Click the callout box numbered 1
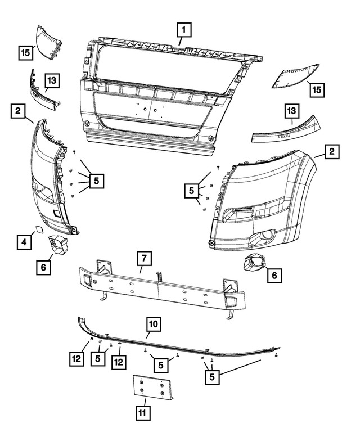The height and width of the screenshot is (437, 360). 184,28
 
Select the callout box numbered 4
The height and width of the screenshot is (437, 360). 24,242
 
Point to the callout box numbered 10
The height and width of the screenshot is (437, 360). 154,324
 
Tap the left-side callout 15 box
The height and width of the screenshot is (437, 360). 25,53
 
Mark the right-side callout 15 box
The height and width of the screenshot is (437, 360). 317,90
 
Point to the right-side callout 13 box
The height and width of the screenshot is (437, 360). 292,112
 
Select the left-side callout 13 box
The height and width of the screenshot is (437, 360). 51,82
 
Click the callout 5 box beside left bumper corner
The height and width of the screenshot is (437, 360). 96,181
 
